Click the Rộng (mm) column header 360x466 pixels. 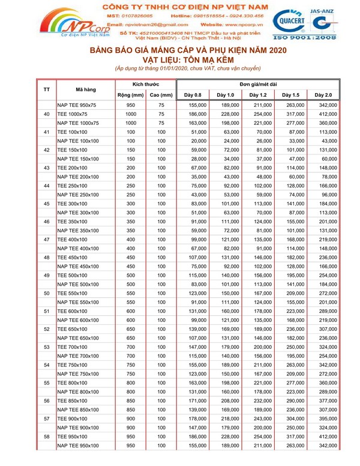tap(130, 95)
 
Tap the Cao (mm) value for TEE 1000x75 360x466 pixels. tap(161, 113)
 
